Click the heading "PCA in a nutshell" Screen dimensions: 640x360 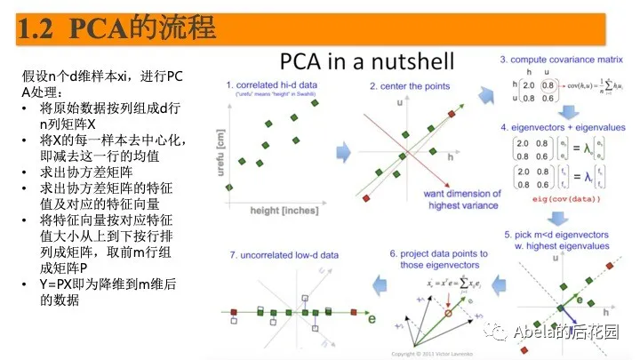click(367, 61)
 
